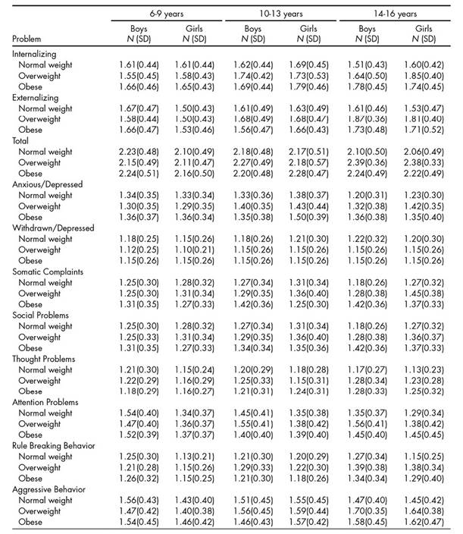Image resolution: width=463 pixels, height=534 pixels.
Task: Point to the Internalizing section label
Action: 36,55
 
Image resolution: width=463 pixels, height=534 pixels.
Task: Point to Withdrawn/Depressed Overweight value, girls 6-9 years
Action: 194,249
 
